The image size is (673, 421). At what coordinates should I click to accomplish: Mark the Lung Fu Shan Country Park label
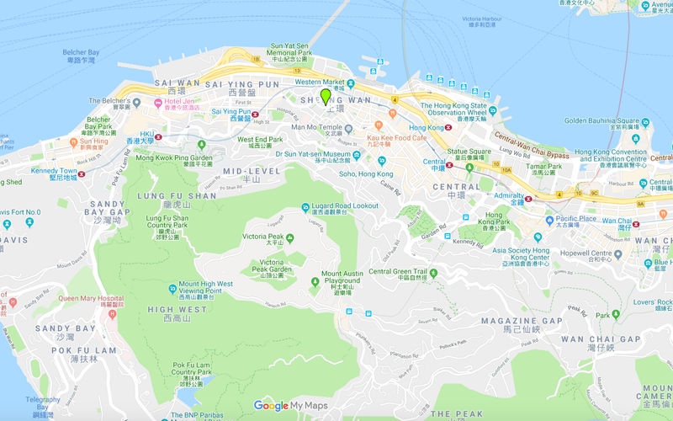tap(167, 222)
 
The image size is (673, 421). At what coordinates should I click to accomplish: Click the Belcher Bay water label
tap(82, 56)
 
